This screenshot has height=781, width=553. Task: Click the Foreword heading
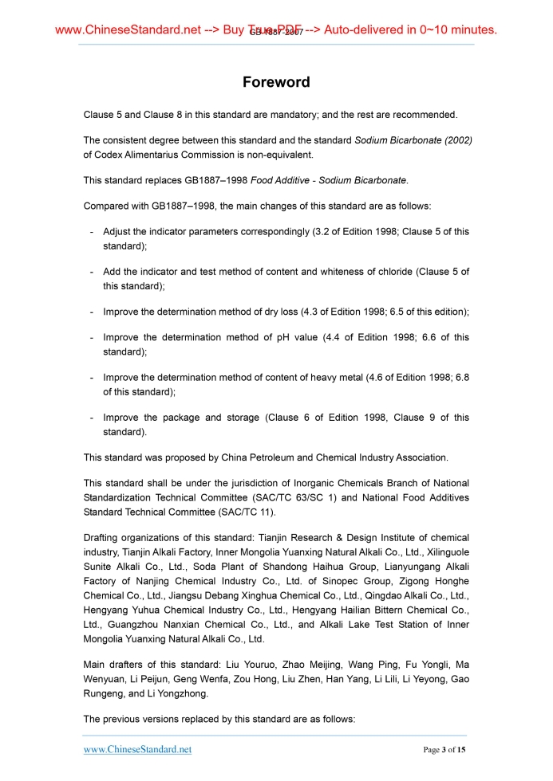(x=276, y=82)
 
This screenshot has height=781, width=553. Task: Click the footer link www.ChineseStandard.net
(x=137, y=750)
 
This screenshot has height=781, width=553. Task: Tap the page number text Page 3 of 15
(x=444, y=750)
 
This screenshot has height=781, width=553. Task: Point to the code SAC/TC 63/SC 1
(x=301, y=497)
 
